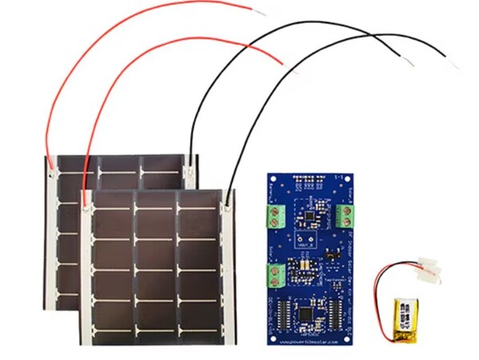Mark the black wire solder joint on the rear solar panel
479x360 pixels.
[x=189, y=168]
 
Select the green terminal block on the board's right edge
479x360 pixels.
[x=345, y=215]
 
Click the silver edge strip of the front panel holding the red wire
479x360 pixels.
[x=85, y=271]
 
